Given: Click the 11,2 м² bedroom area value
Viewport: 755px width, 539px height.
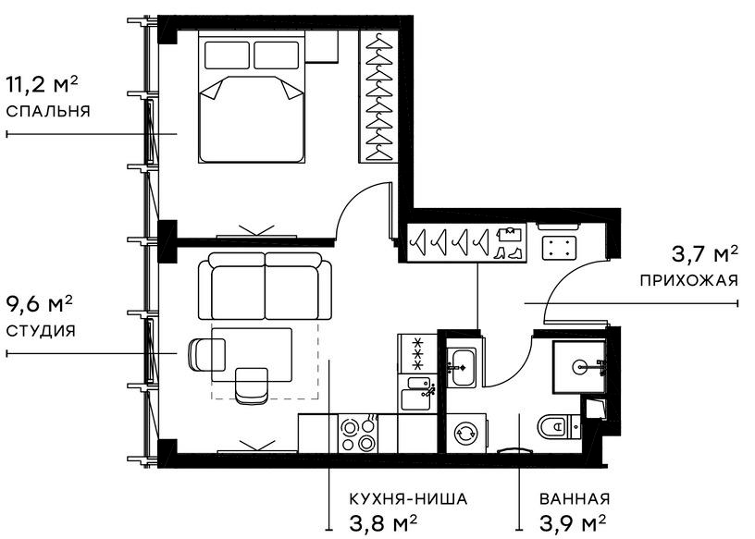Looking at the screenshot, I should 42,86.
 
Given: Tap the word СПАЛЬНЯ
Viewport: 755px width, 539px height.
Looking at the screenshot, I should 47,111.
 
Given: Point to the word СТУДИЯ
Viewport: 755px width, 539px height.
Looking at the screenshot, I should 40,330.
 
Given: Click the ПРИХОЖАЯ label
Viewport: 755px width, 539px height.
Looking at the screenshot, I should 688,279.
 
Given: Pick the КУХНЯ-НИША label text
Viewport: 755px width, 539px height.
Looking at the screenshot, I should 408,499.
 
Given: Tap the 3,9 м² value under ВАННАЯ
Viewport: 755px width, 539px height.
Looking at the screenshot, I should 574,523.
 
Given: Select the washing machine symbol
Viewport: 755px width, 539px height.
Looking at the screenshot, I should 464,433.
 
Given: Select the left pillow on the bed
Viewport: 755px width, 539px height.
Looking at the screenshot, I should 226,55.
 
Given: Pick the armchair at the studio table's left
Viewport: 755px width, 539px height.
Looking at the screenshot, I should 205,353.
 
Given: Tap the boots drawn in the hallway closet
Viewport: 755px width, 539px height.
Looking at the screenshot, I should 508,242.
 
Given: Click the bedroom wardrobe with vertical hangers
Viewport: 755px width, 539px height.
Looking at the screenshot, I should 378,97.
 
